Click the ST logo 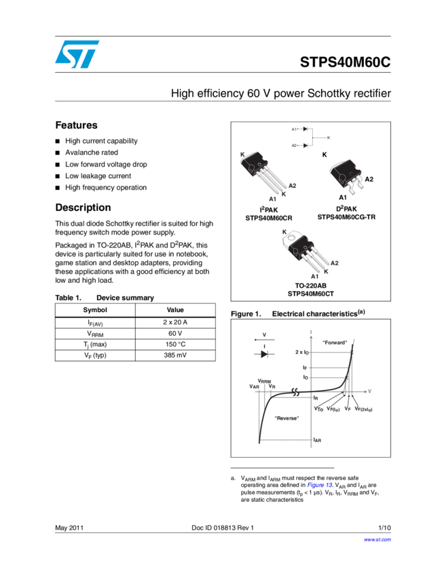click(77, 54)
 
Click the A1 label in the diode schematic click(294, 129)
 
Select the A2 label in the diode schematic click(294, 145)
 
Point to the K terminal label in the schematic click(329, 137)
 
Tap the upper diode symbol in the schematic click(305, 129)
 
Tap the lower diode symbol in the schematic click(305, 145)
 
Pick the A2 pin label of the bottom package click(334, 262)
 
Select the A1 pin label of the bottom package click(314, 276)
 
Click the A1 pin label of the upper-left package click(272, 199)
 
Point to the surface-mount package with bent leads click(346, 177)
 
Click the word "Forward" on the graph click(335, 342)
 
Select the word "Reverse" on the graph click(286, 418)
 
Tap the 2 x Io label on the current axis click(302, 352)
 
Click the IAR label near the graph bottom click(317, 441)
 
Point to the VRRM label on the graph click(265, 381)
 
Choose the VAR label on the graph click(255, 386)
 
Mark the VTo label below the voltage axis click(318, 409)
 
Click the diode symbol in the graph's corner click(264, 354)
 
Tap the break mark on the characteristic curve click(296, 392)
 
